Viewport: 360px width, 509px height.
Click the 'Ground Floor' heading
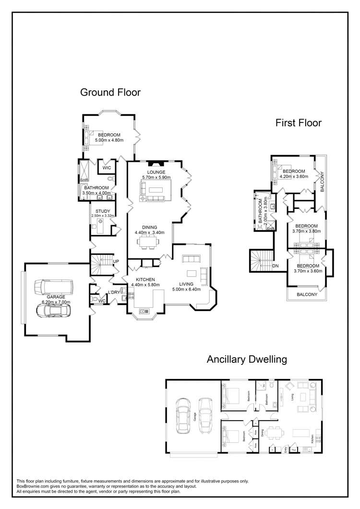pos(110,92)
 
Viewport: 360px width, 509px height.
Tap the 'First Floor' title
pos(298,123)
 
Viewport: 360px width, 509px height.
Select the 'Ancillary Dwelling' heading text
pos(246,359)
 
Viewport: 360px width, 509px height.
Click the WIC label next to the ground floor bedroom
pos(107,168)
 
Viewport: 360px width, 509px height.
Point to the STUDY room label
pos(103,211)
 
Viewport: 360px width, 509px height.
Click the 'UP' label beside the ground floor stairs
pos(116,262)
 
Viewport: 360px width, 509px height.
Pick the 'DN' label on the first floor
pos(276,265)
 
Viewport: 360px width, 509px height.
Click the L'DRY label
pos(114,292)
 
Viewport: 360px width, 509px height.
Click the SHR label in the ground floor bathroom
pos(84,180)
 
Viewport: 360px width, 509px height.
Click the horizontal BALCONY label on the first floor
pos(307,294)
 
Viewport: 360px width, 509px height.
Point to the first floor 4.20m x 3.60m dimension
pos(293,177)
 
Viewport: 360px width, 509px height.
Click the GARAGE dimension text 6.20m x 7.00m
pos(56,302)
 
